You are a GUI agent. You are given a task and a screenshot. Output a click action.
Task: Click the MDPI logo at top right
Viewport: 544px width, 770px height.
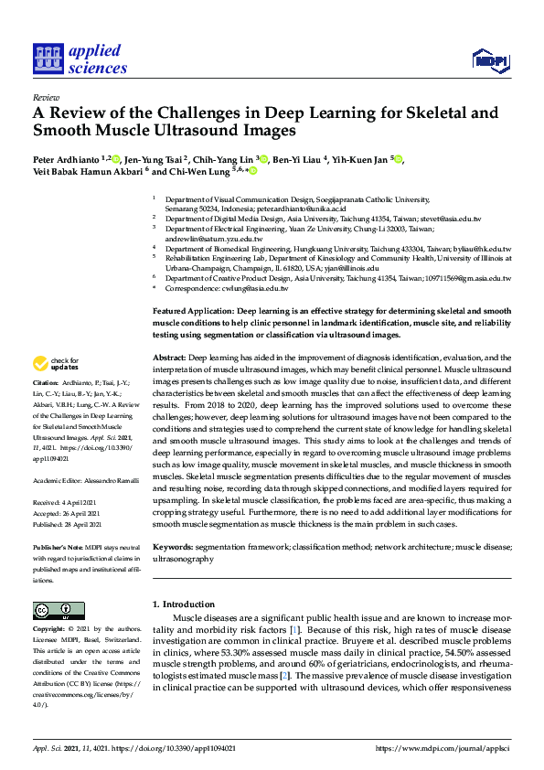coord(489,61)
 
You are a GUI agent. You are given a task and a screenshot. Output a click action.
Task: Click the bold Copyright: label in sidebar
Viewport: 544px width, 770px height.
coord(49,630)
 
